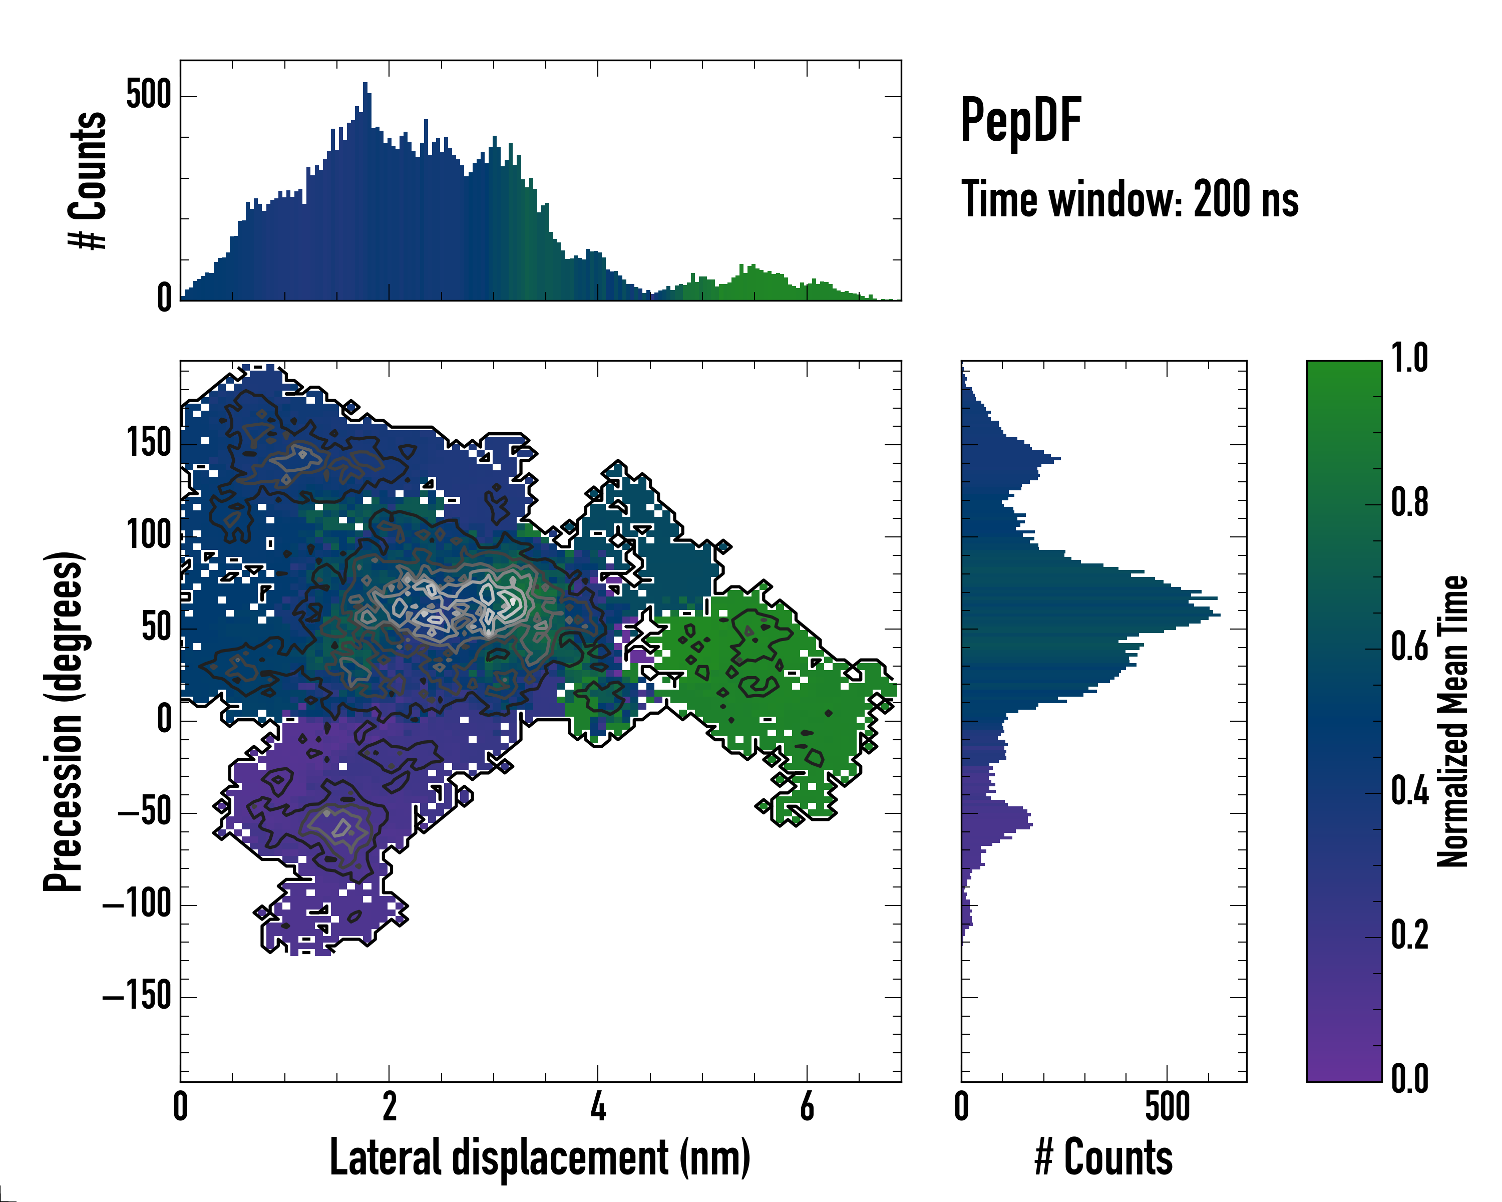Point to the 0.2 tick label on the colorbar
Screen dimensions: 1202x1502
click(1409, 935)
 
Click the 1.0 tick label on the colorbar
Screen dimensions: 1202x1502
click(1409, 358)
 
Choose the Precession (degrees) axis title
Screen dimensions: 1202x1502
click(64, 721)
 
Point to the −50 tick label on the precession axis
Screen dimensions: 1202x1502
click(145, 812)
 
